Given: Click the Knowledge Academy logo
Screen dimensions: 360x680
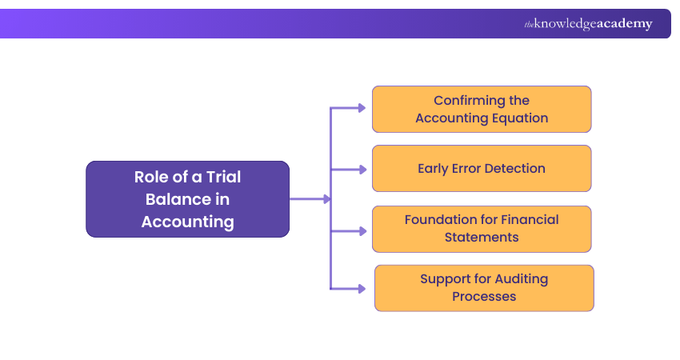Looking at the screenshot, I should coord(588,24).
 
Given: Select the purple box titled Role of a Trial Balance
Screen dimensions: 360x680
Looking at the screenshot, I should coord(187,199).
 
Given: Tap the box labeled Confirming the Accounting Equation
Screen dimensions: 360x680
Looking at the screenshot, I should coord(481,110).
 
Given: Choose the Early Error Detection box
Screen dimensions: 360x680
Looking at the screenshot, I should coord(481,169).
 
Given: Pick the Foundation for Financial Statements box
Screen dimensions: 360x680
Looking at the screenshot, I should coord(481,229).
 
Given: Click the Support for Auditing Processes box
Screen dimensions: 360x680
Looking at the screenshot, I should coord(484,288).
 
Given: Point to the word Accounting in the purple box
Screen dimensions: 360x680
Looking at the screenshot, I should coord(187,222).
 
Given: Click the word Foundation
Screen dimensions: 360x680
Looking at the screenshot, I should coord(442,219).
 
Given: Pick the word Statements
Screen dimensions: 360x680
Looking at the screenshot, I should coord(481,238).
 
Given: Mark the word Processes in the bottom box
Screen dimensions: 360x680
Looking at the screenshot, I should coord(484,297).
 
